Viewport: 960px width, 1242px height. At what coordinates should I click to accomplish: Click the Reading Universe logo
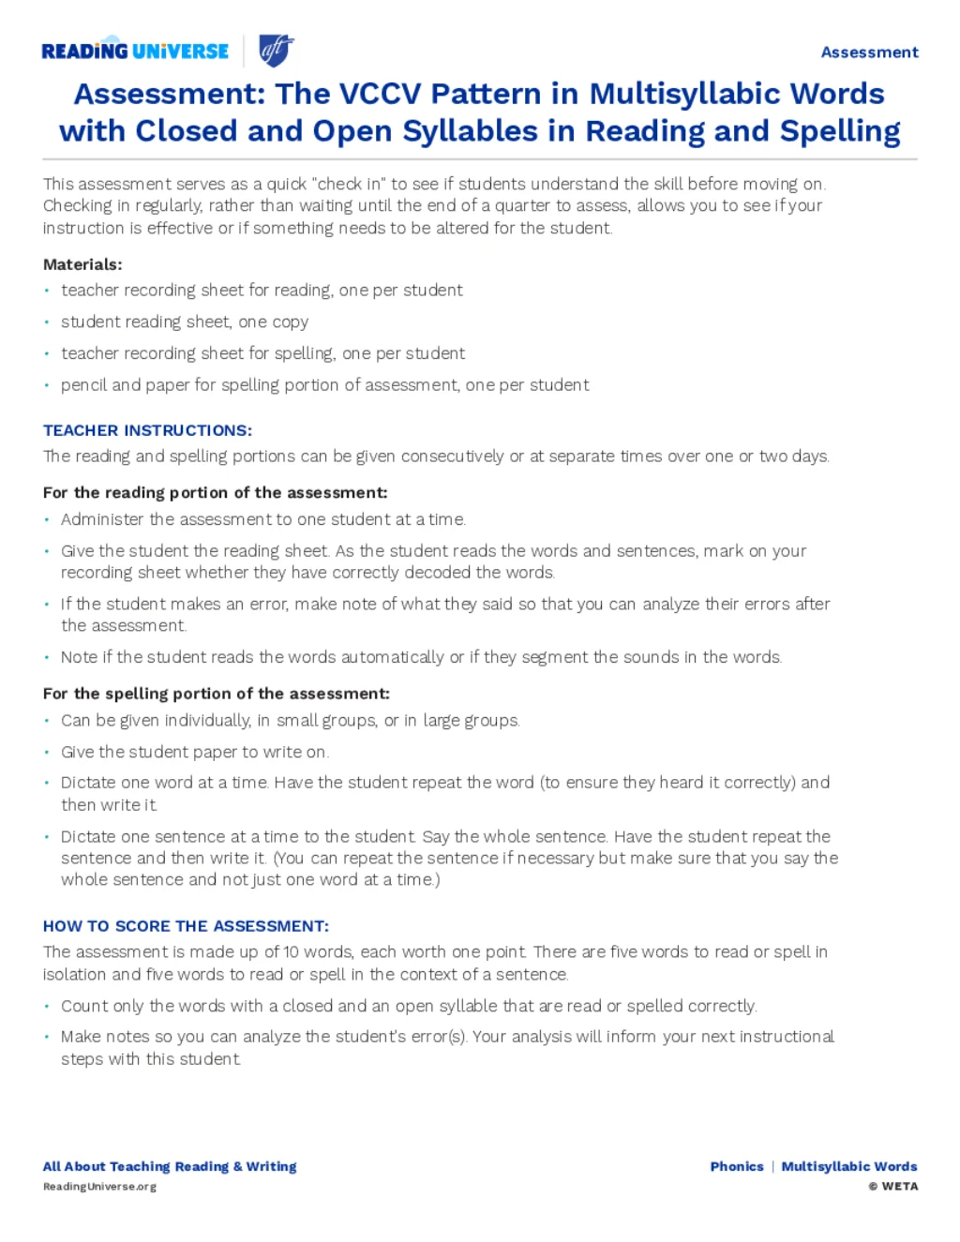135,51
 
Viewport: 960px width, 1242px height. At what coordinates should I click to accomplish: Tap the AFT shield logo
276,50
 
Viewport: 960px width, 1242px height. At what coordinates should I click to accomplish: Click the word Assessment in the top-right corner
869,52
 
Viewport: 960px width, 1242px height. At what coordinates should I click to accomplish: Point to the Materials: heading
82,264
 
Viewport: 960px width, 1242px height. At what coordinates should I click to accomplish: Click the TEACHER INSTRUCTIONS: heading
147,430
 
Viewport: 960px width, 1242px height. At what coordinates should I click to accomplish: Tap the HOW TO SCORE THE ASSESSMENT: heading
186,926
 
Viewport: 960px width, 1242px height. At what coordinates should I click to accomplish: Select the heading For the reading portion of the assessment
215,492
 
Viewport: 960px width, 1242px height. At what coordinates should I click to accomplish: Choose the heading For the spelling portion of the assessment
216,694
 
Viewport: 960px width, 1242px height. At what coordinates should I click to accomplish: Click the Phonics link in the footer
737,1166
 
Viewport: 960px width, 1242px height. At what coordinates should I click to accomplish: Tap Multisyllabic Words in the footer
849,1166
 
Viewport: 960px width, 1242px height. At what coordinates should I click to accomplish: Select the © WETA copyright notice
893,1186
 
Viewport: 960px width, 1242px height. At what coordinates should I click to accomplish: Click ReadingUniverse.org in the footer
99,1186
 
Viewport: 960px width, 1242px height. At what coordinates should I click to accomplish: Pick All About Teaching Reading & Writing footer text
170,1166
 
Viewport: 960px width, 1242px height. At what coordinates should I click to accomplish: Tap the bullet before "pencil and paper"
47,385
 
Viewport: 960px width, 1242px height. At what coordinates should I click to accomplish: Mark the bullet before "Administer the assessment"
47,519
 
